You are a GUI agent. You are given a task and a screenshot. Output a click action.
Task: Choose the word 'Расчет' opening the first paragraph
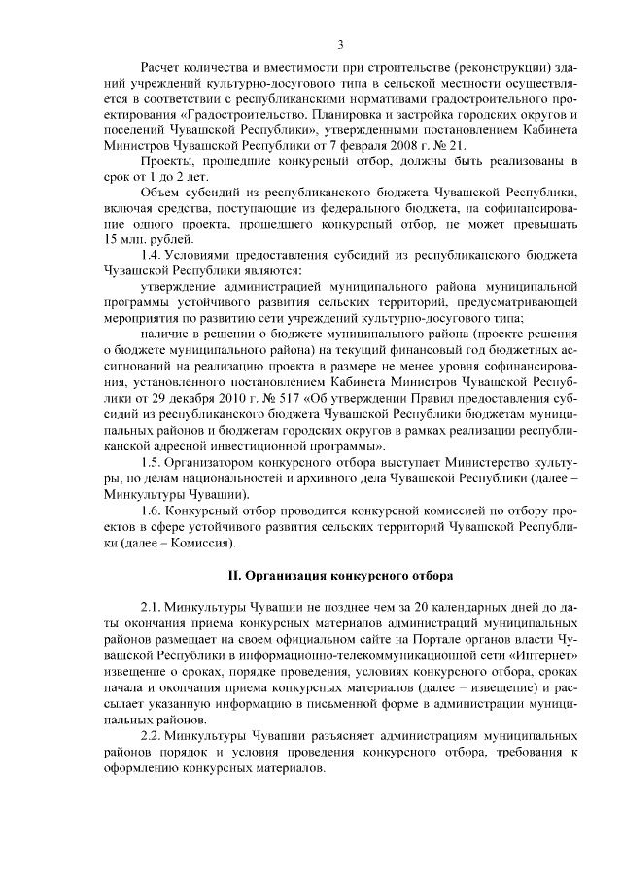click(160, 65)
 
